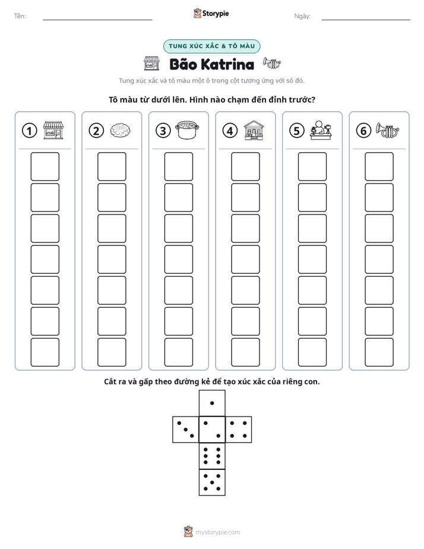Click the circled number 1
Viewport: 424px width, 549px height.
pyautogui.click(x=29, y=131)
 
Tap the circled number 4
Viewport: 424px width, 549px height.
pyautogui.click(x=230, y=131)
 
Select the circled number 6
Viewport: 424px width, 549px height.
pyautogui.click(x=363, y=131)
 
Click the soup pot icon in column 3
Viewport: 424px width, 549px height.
pyautogui.click(x=187, y=130)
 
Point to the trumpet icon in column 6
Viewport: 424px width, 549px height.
pyautogui.click(x=388, y=130)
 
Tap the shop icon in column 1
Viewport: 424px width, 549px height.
pyautogui.click(x=53, y=130)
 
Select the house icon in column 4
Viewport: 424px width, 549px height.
pyautogui.click(x=254, y=130)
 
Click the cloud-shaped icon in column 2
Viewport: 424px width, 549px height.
pyautogui.click(x=121, y=130)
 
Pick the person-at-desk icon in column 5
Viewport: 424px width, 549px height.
pyautogui.click(x=321, y=130)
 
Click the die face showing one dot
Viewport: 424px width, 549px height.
pyautogui.click(x=212, y=403)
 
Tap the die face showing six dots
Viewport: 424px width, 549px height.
pyautogui.click(x=212, y=456)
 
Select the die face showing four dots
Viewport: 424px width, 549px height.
pyautogui.click(x=239, y=430)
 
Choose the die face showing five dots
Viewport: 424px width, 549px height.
pyautogui.click(x=212, y=482)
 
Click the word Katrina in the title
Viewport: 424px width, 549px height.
pyautogui.click(x=228, y=64)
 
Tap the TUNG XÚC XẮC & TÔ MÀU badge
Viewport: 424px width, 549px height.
pyautogui.click(x=211, y=46)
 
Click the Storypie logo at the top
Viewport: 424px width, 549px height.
pyautogui.click(x=211, y=14)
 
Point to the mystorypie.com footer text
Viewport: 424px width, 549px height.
pyautogui.click(x=217, y=532)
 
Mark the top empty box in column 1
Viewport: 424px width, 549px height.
pyautogui.click(x=45, y=166)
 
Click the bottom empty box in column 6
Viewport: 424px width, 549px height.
pyautogui.click(x=379, y=352)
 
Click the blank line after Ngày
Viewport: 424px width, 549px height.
pyautogui.click(x=366, y=20)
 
